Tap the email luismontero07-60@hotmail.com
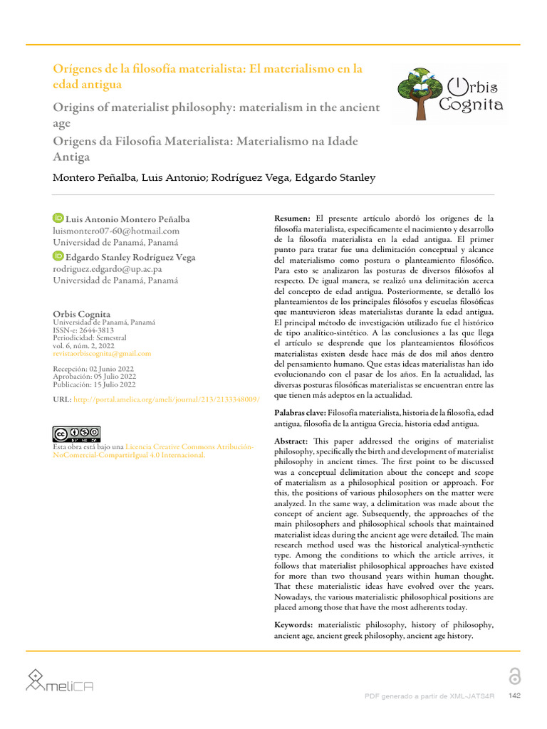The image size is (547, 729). [x=116, y=231]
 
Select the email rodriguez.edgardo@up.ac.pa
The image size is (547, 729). [x=108, y=269]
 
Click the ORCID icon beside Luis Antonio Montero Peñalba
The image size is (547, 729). [x=58, y=218]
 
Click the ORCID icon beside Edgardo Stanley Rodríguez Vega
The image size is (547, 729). [x=58, y=256]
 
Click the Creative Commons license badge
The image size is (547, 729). [x=76, y=434]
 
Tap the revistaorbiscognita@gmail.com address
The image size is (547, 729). [x=102, y=353]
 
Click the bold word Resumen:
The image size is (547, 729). [x=293, y=218]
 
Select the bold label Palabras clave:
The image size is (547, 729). [x=301, y=413]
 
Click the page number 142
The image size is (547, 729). [x=513, y=695]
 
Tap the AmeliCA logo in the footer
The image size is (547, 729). [x=61, y=682]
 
